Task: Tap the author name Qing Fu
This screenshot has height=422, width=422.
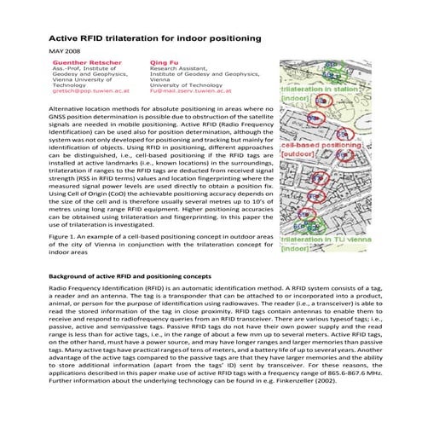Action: pyautogui.click(x=164, y=62)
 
